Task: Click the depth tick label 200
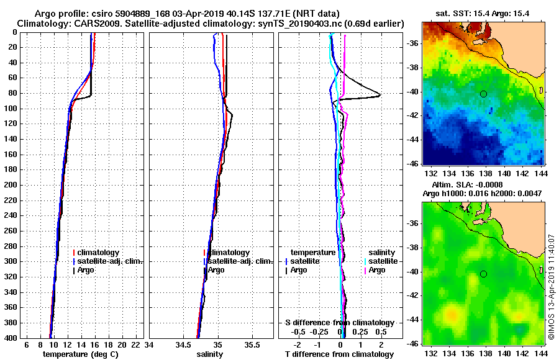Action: (11, 185)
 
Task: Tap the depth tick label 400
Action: (11, 338)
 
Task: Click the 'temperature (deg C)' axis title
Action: (80, 354)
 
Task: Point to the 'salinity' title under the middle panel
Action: (209, 354)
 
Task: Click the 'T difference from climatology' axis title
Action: (339, 354)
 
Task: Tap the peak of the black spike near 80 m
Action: (380, 94)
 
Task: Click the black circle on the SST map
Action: (483, 94)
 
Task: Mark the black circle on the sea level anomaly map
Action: (483, 274)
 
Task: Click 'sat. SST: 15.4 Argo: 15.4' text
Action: (483, 12)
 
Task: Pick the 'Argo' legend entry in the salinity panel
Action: (216, 270)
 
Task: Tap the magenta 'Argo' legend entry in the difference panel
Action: (376, 270)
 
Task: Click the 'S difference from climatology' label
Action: (339, 323)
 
